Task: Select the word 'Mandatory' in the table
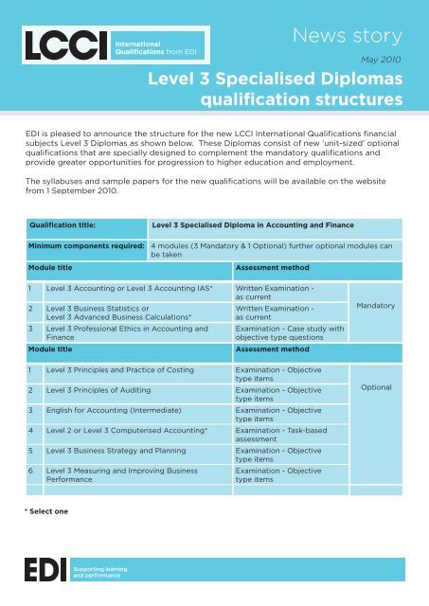point(378,307)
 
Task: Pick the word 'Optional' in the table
point(378,388)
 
